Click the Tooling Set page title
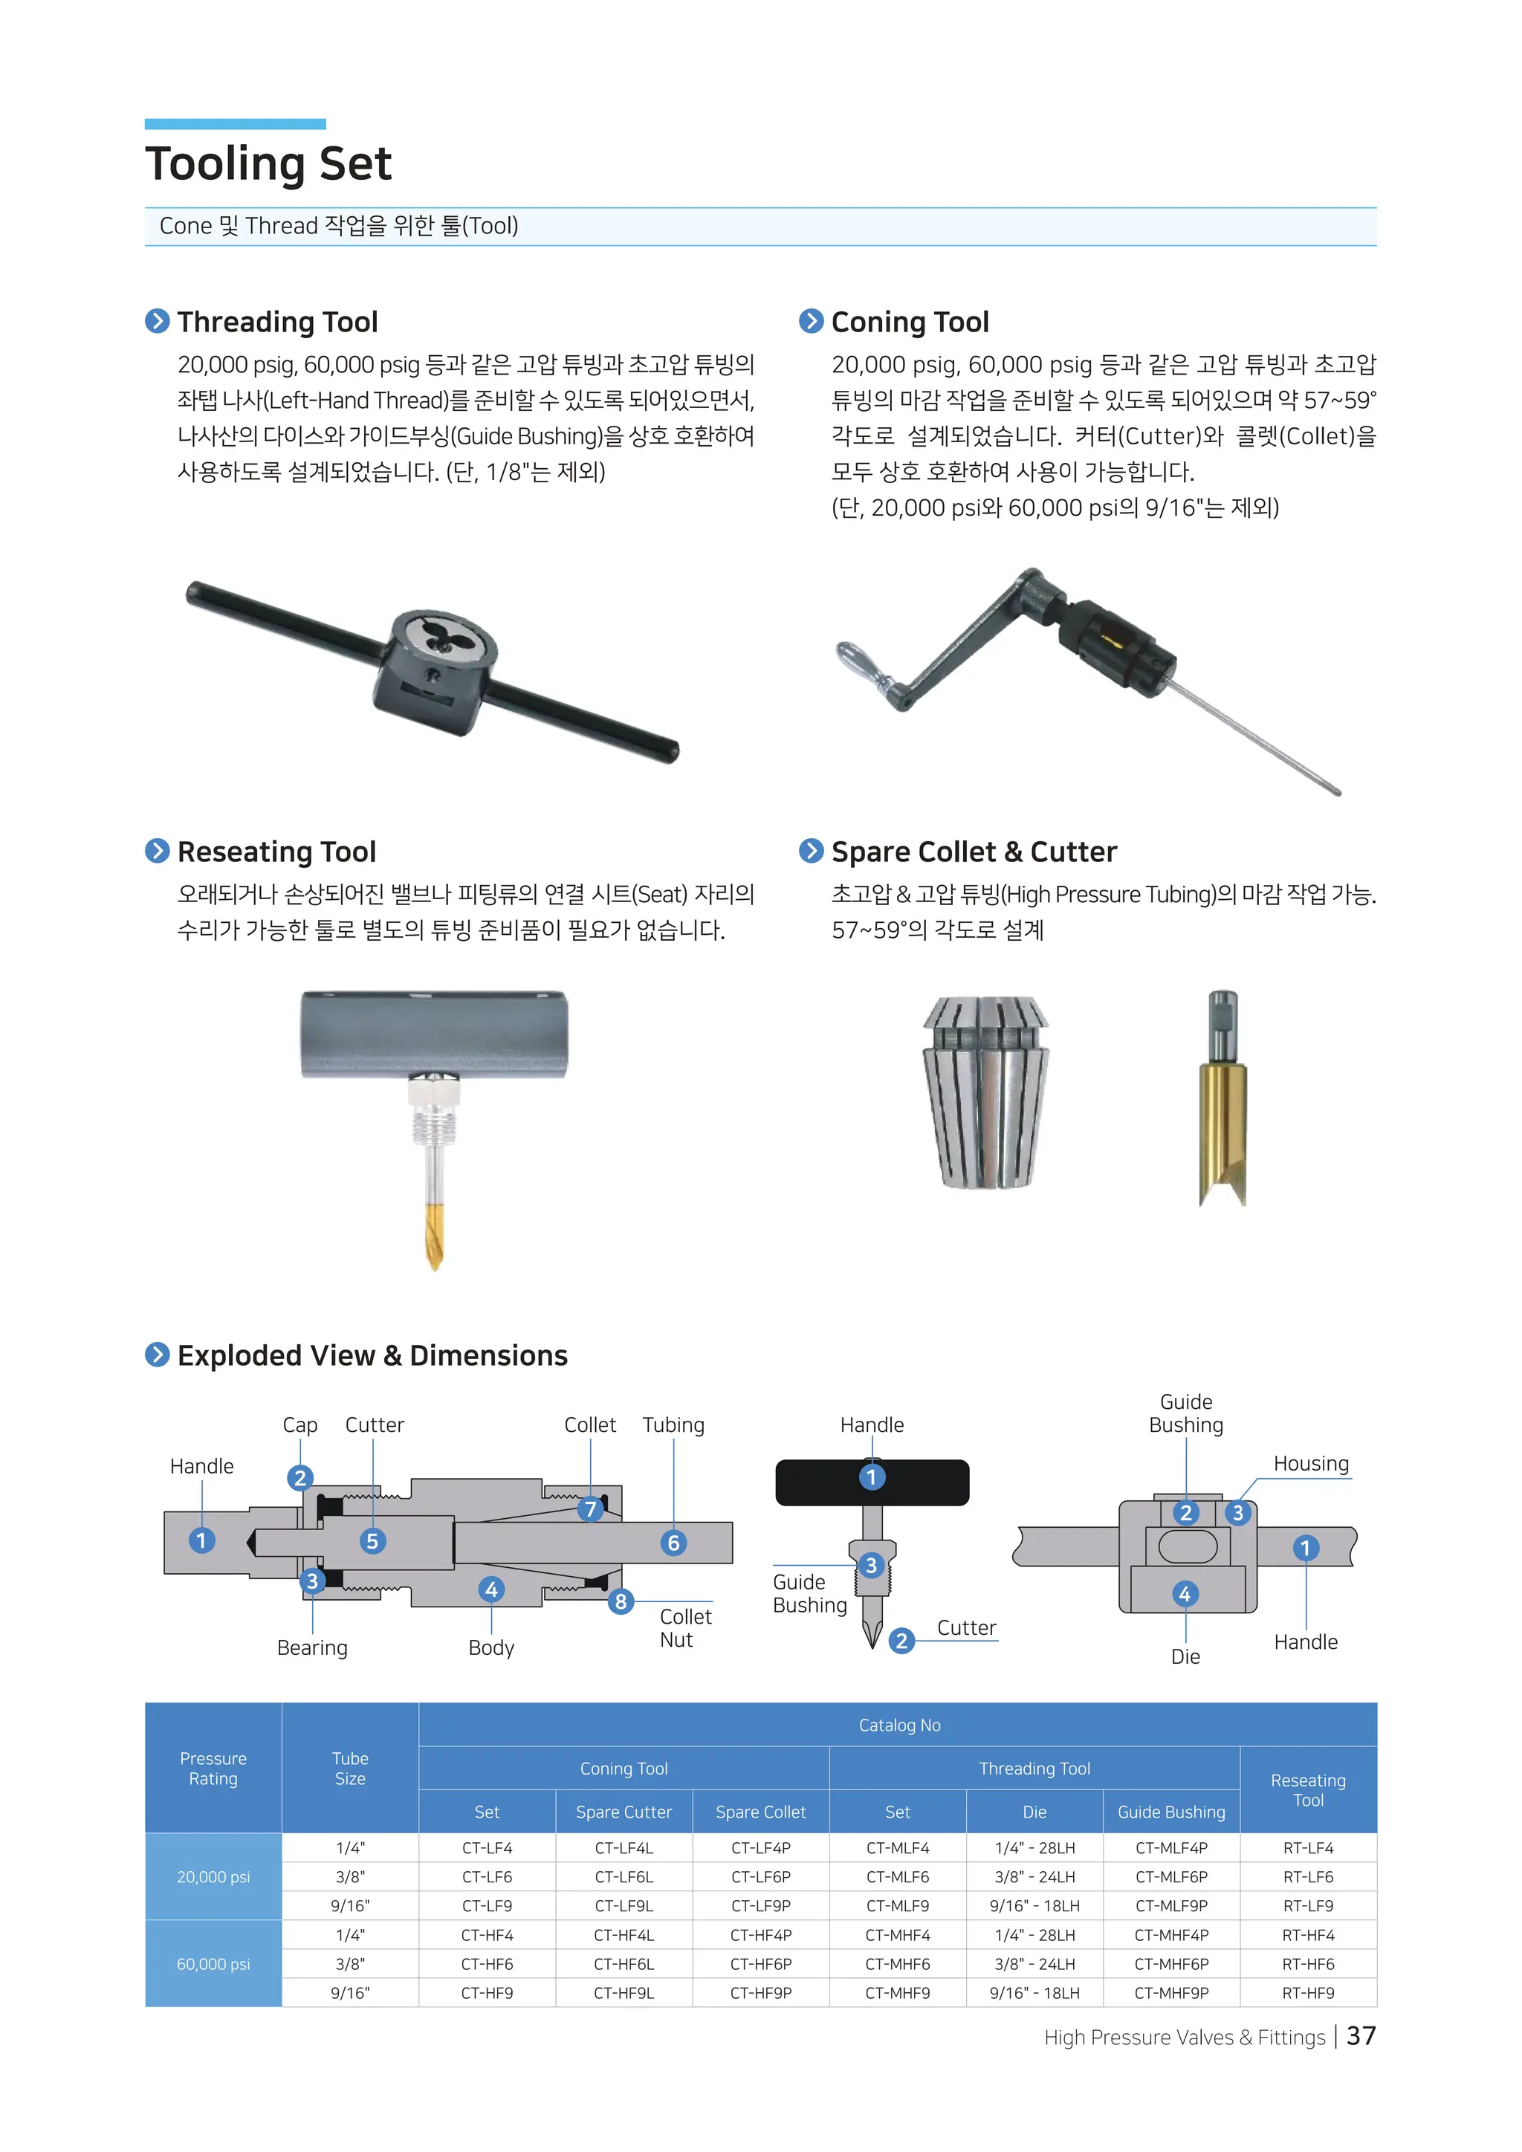[268, 164]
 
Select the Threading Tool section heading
[277, 322]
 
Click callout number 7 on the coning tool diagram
[589, 1509]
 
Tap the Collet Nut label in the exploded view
[685, 1628]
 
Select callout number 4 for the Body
[491, 1589]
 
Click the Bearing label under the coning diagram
[312, 1647]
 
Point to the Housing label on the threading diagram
[1310, 1464]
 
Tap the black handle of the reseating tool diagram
[872, 1482]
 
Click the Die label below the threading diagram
[1185, 1656]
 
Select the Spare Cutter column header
[624, 1812]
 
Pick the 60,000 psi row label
[214, 1963]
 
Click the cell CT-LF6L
[624, 1876]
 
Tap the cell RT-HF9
[1307, 1993]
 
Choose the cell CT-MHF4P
[1170, 1934]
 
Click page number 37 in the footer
[1361, 2037]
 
